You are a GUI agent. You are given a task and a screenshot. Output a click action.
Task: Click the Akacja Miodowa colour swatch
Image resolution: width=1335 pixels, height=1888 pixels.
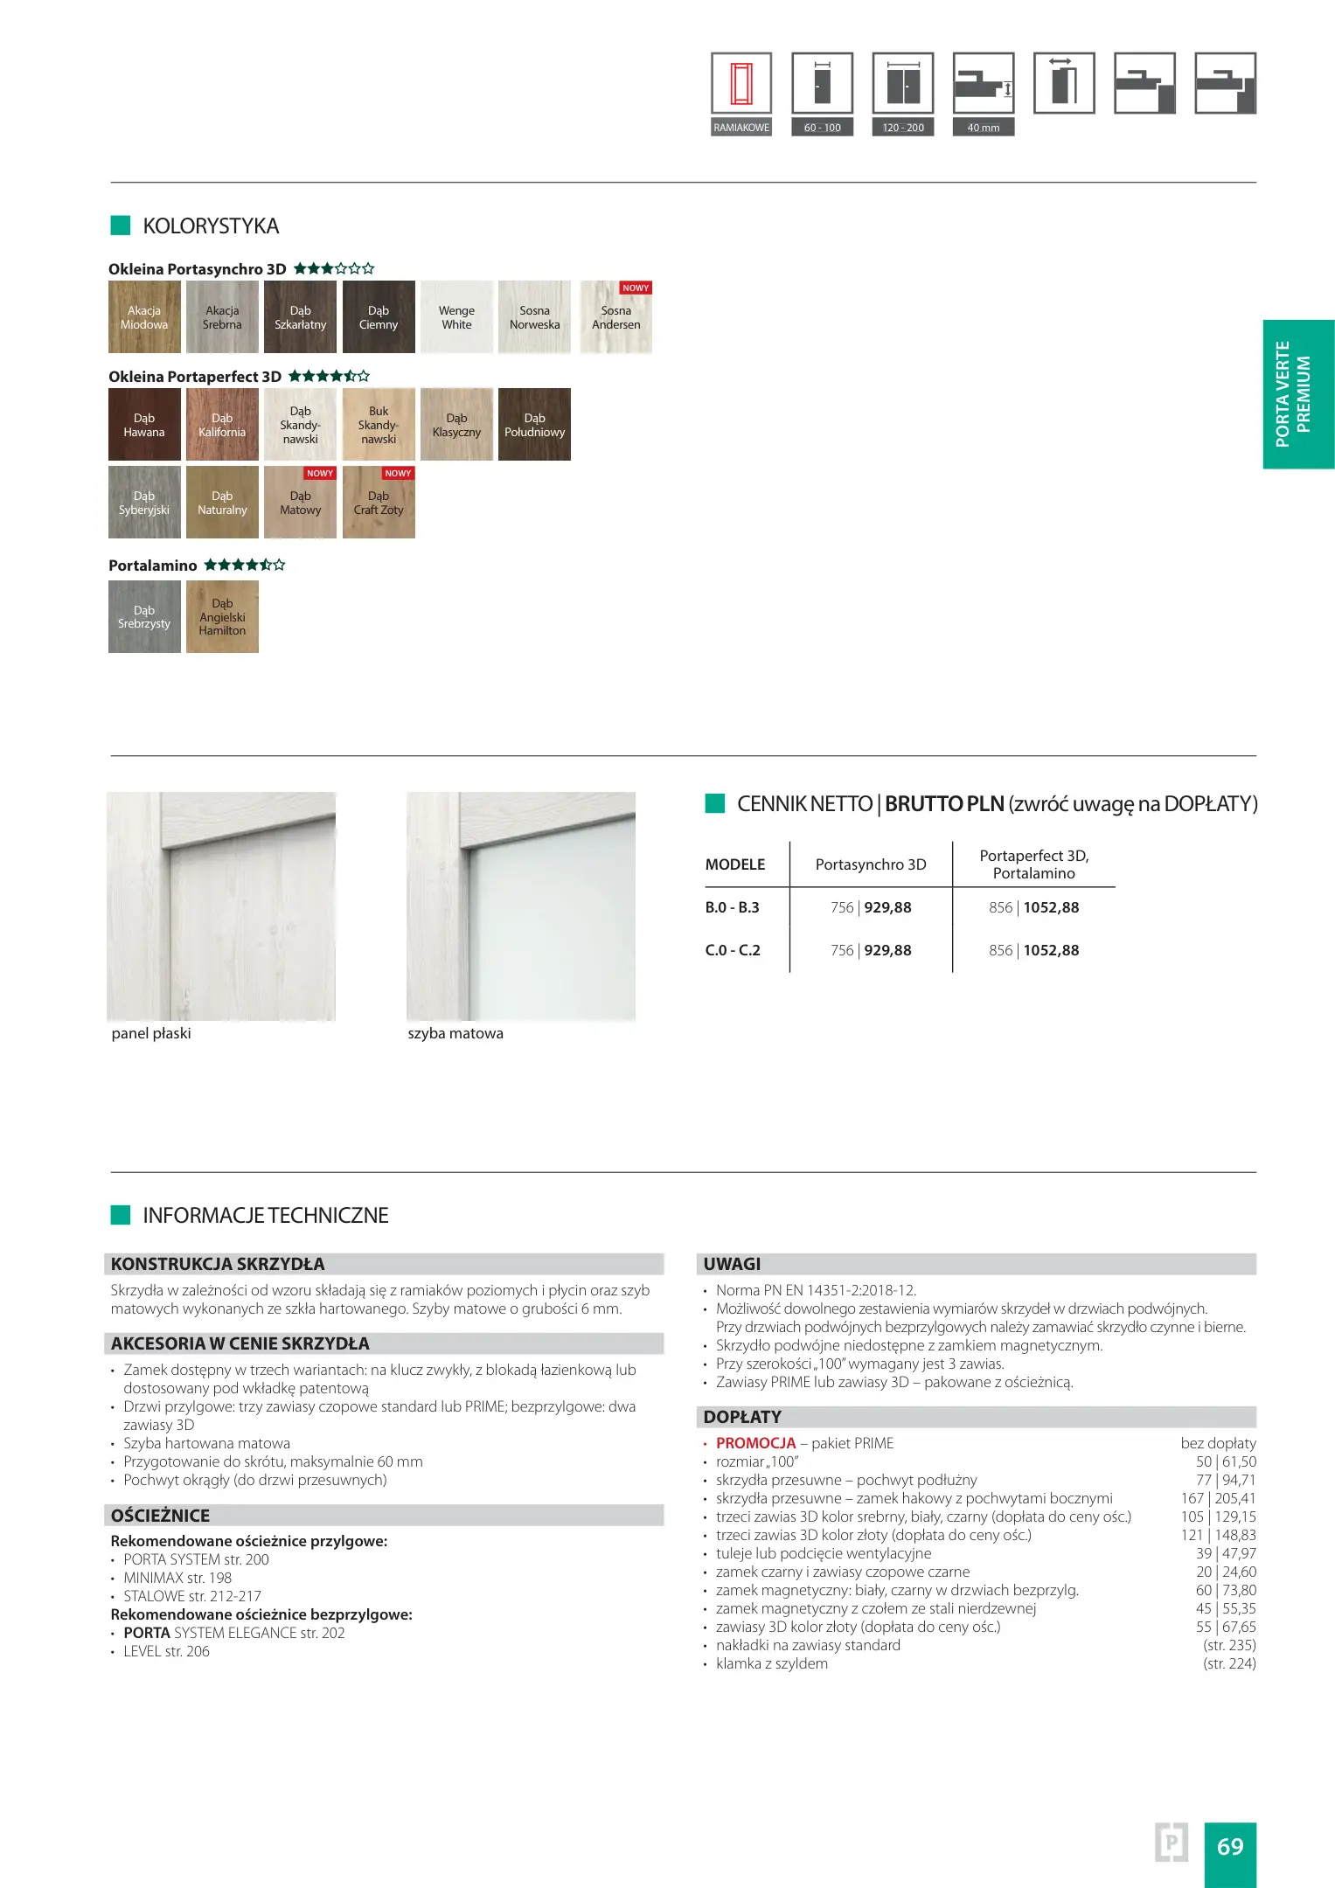pyautogui.click(x=144, y=317)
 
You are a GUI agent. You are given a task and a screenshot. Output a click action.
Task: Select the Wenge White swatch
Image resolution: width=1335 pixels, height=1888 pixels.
pyautogui.click(x=456, y=317)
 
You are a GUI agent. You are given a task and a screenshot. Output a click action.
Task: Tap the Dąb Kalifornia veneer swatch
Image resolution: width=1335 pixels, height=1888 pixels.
pyautogui.click(x=222, y=425)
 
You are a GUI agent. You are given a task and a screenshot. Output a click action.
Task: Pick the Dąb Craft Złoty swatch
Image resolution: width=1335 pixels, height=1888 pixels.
pyautogui.click(x=379, y=503)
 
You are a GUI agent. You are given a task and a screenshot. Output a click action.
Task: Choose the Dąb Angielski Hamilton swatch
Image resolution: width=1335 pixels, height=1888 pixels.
pyautogui.click(x=222, y=617)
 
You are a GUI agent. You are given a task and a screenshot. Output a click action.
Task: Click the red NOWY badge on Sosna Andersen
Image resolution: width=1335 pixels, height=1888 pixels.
pyautogui.click(x=636, y=288)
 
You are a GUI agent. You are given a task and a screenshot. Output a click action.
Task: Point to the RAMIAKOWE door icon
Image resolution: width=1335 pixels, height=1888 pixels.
pyautogui.click(x=741, y=84)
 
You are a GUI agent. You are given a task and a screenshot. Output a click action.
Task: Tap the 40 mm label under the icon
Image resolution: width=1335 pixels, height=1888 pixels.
pyautogui.click(x=984, y=128)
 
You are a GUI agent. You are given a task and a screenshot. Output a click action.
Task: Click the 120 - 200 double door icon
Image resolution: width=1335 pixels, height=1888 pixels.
pyautogui.click(x=903, y=84)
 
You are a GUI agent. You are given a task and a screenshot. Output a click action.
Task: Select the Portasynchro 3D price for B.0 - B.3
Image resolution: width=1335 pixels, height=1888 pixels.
pyautogui.click(x=871, y=907)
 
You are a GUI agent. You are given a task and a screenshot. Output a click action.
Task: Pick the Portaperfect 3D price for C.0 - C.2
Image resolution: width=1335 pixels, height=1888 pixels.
pyautogui.click(x=1034, y=950)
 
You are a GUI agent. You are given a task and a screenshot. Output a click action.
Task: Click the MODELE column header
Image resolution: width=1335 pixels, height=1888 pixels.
pyautogui.click(x=735, y=864)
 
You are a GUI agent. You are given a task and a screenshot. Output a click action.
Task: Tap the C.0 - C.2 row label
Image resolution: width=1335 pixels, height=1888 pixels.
pyautogui.click(x=733, y=950)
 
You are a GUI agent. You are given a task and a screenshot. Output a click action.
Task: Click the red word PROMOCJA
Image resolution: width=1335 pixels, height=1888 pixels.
pyautogui.click(x=756, y=1443)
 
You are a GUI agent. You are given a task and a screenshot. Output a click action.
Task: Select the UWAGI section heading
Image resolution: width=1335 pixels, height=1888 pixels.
pyautogui.click(x=733, y=1264)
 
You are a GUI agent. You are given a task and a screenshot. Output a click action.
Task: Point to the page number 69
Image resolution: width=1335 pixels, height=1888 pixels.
pyautogui.click(x=1230, y=1847)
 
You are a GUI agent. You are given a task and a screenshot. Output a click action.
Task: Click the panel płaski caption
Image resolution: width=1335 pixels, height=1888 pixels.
pyautogui.click(x=151, y=1033)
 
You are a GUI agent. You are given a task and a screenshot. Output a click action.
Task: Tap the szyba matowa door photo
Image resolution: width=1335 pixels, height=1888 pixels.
pyautogui.click(x=521, y=906)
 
